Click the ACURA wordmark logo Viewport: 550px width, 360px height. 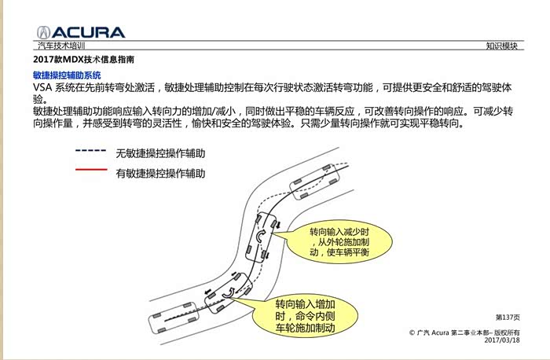(88, 32)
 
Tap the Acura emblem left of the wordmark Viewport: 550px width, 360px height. (44, 32)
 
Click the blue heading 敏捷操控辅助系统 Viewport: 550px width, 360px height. (67, 75)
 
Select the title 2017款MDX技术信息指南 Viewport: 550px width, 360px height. (83, 59)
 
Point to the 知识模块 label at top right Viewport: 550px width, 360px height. (501, 46)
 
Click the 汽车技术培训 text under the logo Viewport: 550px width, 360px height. (61, 46)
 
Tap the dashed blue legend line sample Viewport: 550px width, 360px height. (91, 151)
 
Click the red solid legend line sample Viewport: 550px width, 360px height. (91, 170)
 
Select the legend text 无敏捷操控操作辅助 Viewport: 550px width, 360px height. (160, 153)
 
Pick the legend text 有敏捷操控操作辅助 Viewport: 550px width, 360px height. (160, 174)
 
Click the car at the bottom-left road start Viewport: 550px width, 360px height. (174, 318)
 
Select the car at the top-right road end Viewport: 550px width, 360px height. (314, 182)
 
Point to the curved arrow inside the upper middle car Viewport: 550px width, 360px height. (260, 237)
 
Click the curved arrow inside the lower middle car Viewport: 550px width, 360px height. (229, 293)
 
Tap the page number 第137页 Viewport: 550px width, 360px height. (508, 318)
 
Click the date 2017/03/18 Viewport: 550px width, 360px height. (502, 340)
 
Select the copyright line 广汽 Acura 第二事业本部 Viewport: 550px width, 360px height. (464, 332)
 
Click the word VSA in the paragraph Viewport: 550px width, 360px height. (42, 87)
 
